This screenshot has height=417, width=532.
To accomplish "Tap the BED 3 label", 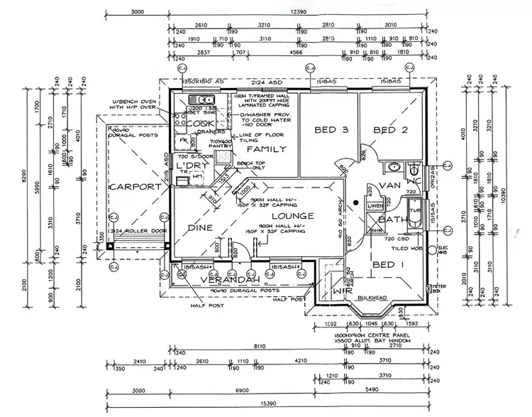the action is coord(331,130).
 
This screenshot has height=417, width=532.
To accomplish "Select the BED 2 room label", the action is coord(390,130).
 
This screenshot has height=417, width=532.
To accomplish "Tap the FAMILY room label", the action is coord(266,149).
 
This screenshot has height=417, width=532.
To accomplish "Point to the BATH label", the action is coord(391,220).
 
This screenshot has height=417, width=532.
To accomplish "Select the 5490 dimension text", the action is coord(373,391).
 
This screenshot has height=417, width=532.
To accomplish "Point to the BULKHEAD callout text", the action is coord(372,298).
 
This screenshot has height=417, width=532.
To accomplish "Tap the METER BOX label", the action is coord(440,287).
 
